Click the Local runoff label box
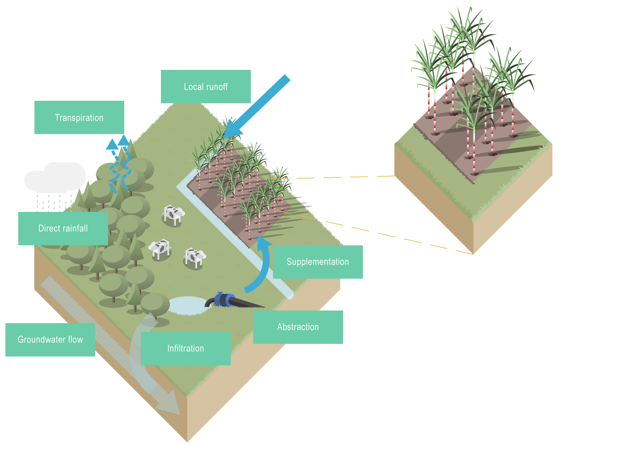[206, 86]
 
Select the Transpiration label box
[79, 117]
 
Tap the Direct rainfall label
[63, 229]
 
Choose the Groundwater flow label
[50, 340]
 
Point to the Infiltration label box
[186, 348]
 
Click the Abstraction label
[298, 327]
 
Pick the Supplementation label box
[318, 262]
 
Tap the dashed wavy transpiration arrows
[119, 164]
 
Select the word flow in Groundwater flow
[75, 340]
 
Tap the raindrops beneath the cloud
[52, 202]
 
